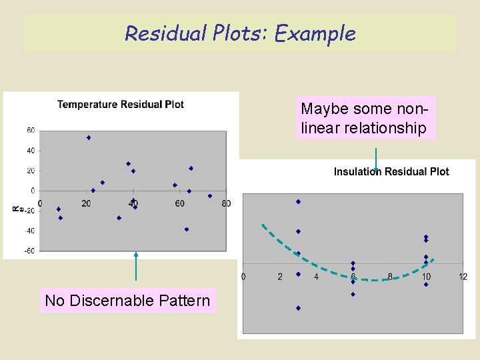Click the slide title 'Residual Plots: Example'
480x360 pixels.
240,33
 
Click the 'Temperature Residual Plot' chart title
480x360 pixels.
121,104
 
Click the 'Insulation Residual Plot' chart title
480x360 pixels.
391,171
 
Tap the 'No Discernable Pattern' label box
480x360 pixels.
127,301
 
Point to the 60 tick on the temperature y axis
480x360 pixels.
31,131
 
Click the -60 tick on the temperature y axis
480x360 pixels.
29,251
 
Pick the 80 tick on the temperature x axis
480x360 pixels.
227,203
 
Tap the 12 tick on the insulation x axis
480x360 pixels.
463,277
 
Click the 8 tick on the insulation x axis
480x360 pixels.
390,277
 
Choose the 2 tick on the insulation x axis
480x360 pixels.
280,277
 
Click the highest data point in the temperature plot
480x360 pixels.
89,137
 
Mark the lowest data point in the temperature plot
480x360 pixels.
187,229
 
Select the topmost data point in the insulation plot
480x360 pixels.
298,201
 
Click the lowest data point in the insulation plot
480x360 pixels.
298,308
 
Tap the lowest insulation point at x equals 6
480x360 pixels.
353,294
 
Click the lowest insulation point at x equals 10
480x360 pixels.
426,285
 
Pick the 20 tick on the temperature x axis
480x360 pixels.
87,203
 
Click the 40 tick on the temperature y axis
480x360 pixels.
31,151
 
